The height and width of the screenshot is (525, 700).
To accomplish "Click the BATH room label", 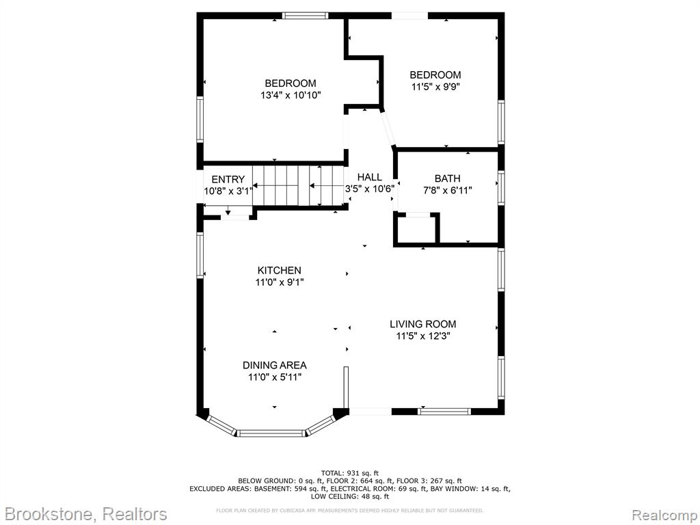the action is [x=447, y=178].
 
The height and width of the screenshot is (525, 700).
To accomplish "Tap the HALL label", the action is [x=370, y=177].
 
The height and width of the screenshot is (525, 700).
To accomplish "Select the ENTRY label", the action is [x=228, y=180].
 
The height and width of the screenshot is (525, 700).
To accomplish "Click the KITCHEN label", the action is [x=280, y=270].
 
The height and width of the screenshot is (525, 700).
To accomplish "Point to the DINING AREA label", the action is [x=275, y=365].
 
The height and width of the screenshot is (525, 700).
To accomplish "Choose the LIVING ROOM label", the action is [x=422, y=324].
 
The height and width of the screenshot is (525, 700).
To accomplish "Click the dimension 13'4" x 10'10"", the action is [x=291, y=95].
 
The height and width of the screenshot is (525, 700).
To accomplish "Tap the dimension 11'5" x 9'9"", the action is [x=435, y=87].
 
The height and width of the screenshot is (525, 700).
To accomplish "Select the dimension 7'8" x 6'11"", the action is [x=447, y=191].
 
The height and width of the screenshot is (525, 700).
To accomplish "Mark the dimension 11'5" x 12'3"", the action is [x=422, y=336].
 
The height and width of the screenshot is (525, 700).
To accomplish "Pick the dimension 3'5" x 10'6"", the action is [x=370, y=189].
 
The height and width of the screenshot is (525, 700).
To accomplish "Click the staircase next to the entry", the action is [x=299, y=185].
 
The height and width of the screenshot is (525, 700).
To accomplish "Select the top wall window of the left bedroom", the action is [x=305, y=16].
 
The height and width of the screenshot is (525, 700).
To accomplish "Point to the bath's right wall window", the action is [x=501, y=188].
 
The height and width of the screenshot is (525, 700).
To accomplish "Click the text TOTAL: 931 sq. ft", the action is [x=349, y=473].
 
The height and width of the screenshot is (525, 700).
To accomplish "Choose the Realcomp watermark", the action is [x=665, y=515].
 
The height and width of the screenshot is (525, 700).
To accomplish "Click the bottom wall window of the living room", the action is [x=444, y=411].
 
